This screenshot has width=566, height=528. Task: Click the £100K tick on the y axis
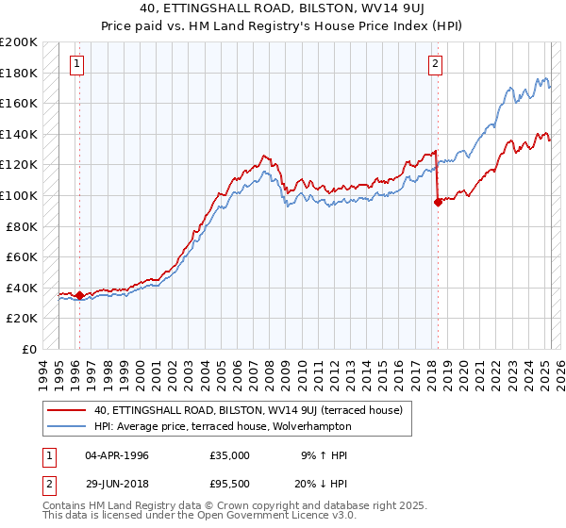(19, 195)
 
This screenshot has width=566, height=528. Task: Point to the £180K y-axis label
(19, 73)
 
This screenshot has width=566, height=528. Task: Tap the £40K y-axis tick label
(22, 288)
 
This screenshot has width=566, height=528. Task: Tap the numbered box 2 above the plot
(435, 64)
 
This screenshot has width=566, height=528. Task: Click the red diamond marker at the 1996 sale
(79, 295)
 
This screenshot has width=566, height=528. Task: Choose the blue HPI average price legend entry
(222, 426)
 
